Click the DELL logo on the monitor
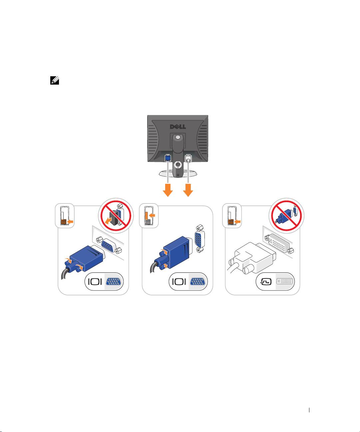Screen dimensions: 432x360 (x=178, y=127)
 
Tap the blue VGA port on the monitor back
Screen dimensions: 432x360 (x=168, y=158)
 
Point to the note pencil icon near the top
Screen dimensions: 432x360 (x=54, y=80)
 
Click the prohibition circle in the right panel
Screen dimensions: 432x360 (x=286, y=216)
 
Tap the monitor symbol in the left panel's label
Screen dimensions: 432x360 (x=95, y=281)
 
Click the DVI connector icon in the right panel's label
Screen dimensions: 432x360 (x=285, y=281)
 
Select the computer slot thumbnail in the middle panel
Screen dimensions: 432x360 (x=149, y=216)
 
